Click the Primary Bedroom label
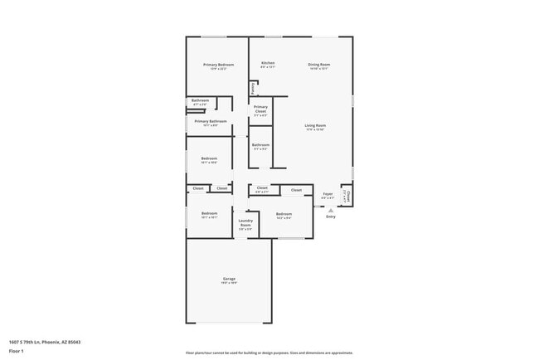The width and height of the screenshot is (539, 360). [x=220, y=65]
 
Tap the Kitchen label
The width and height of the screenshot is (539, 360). [x=268, y=64]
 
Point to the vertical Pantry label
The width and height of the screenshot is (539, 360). [x=253, y=88]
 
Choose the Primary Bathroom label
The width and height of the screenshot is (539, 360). [x=211, y=121]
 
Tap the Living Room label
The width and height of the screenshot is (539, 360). [x=315, y=126]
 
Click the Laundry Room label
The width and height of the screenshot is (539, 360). [x=245, y=223]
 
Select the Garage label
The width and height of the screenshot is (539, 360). [x=229, y=279]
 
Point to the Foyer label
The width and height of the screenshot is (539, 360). [x=328, y=197]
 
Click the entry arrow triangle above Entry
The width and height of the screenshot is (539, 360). [x=331, y=211]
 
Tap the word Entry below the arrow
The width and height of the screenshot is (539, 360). [x=331, y=216]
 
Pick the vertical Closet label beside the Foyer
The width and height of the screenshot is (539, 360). [x=348, y=197]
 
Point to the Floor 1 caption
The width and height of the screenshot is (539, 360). [x=17, y=352]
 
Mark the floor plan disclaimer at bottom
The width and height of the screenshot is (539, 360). [x=269, y=353]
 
